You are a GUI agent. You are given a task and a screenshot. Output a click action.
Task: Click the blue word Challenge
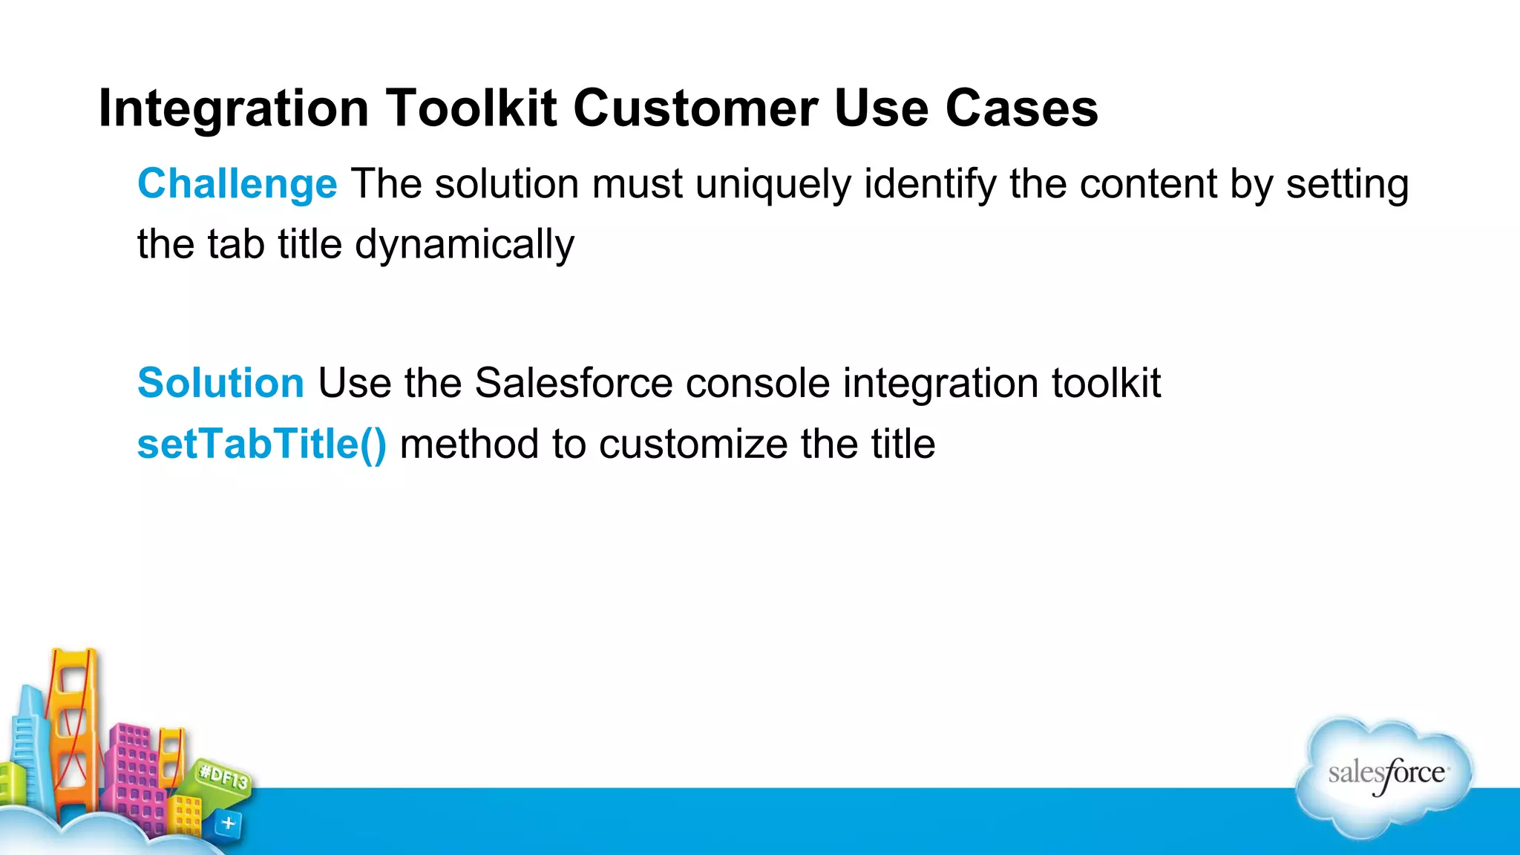[237, 184]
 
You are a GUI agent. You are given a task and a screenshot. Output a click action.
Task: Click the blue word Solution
[220, 383]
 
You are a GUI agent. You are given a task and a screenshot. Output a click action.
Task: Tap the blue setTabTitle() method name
[261, 444]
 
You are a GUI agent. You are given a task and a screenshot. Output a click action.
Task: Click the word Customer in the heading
[695, 108]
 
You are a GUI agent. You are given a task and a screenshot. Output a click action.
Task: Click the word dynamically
[464, 245]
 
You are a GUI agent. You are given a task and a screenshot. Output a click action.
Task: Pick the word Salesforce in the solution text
[573, 383]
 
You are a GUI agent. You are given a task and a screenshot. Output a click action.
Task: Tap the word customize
[692, 445]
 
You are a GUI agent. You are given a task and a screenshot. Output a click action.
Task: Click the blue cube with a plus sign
[228, 823]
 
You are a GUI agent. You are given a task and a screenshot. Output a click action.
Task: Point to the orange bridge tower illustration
[73, 727]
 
